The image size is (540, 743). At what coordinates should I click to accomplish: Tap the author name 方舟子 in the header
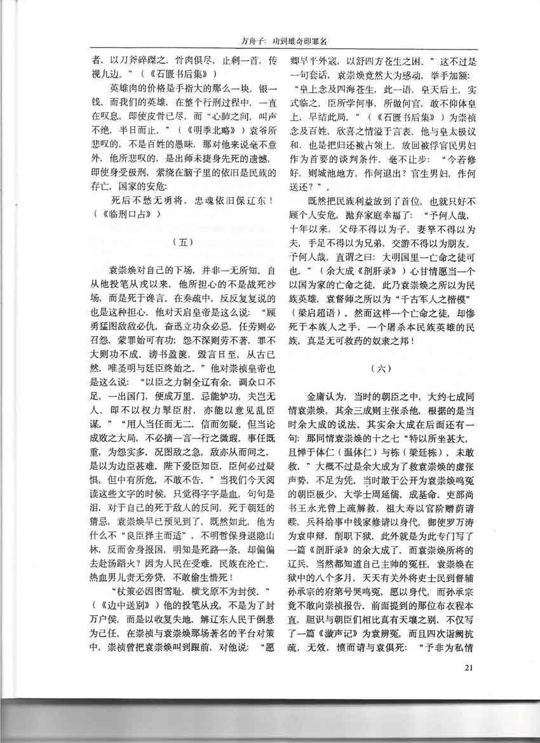[x=239, y=43]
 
